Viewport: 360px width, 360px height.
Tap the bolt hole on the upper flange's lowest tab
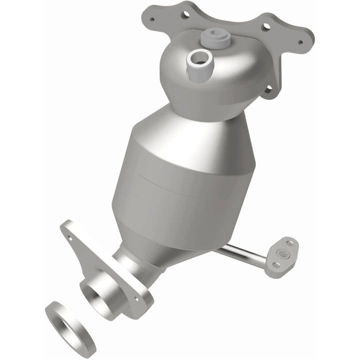pyautogui.click(x=268, y=89)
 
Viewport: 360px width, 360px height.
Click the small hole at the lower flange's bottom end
pyautogui.click(x=135, y=299)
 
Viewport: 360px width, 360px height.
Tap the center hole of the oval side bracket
pyautogui.click(x=282, y=252)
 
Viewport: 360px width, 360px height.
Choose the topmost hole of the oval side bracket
pyautogui.click(x=289, y=244)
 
